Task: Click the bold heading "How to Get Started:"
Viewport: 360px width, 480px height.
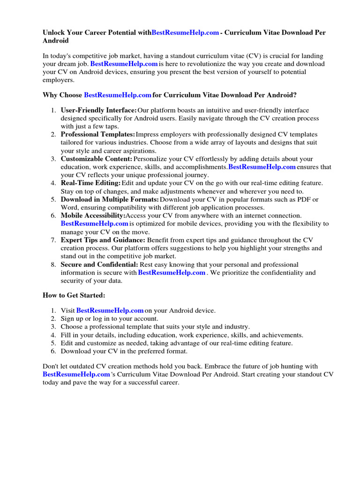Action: [74, 295]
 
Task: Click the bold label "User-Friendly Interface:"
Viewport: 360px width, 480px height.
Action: [98, 110]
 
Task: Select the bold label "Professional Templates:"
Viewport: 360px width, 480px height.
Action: [98, 135]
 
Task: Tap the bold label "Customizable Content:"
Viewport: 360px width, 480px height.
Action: [97, 159]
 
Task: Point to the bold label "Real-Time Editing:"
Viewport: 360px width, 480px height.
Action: [90, 183]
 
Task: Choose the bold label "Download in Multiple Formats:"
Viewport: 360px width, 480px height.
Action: [110, 199]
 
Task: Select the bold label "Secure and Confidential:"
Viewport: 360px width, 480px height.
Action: [99, 264]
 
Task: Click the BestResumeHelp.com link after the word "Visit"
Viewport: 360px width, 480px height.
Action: [110, 310]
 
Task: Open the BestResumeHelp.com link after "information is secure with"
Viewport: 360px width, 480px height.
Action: [172, 272]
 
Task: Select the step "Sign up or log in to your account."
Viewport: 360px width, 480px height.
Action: [106, 318]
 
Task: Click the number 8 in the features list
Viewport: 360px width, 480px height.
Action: [53, 264]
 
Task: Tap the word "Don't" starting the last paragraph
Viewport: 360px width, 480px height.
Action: [52, 366]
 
